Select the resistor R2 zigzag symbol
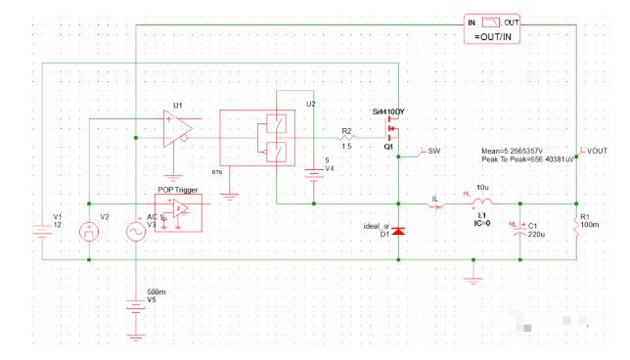tap(346, 139)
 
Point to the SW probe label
tap(434, 152)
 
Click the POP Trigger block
tap(178, 211)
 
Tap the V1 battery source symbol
tap(42, 232)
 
